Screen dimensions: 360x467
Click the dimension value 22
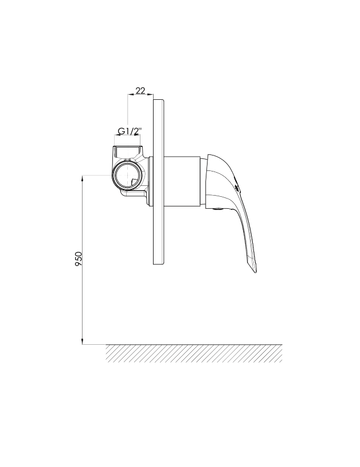click(x=140, y=90)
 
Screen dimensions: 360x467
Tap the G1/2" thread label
click(x=130, y=131)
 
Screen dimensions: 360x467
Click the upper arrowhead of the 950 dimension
click(x=83, y=178)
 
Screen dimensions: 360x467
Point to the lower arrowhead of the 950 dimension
click(x=83, y=341)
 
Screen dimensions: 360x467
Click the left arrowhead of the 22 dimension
click(x=130, y=95)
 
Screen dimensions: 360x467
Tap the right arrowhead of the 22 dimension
click(x=151, y=95)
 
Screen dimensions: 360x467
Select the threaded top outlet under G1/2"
click(x=128, y=151)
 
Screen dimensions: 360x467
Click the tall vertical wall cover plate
click(x=158, y=182)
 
